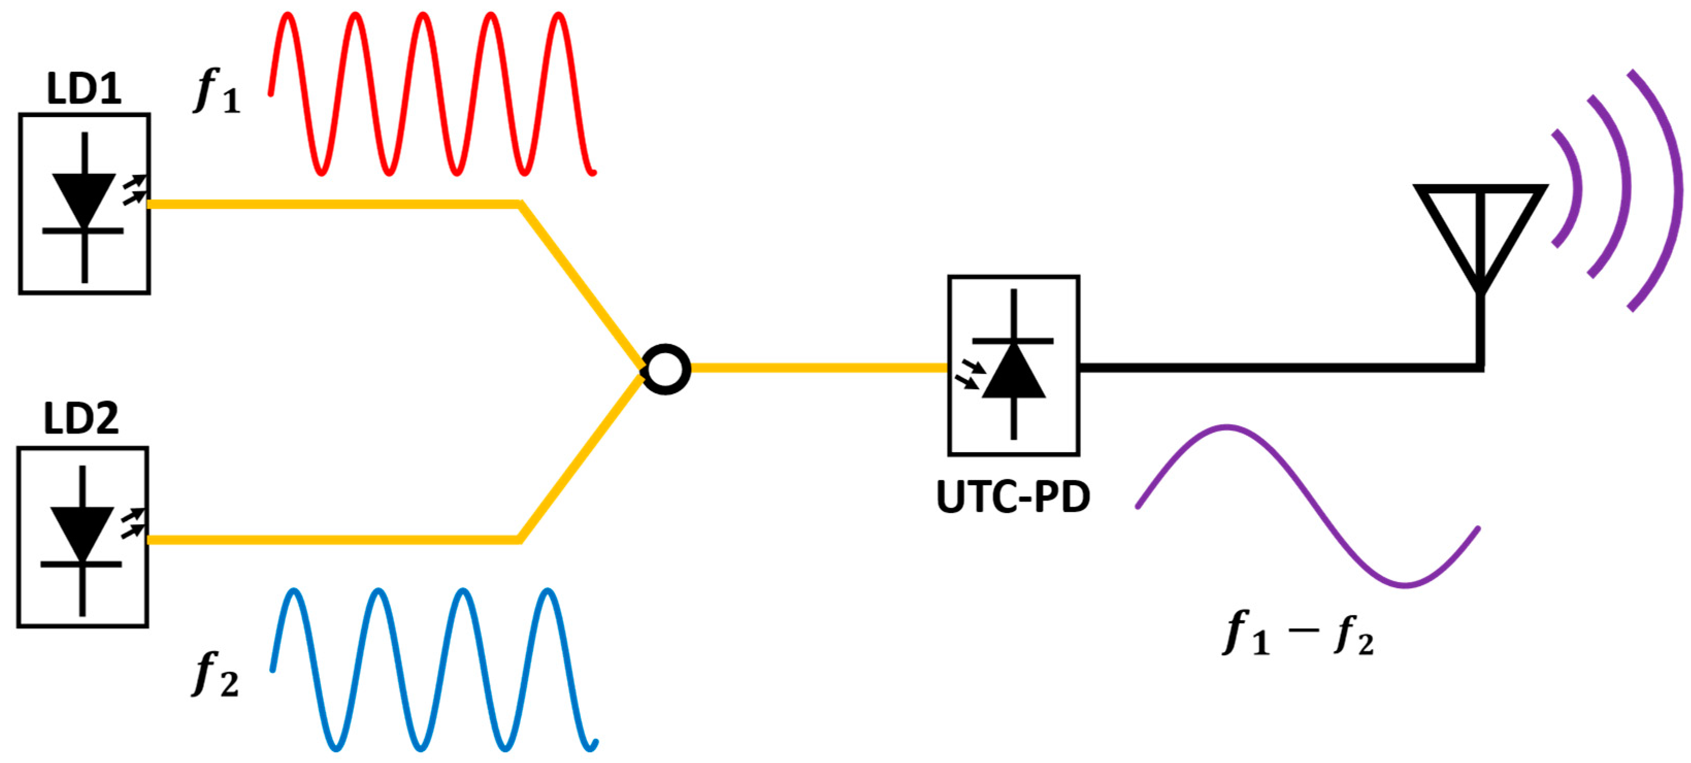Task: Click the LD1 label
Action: pyautogui.click(x=84, y=89)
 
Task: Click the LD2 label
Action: pyautogui.click(x=81, y=419)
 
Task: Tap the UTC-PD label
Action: pyautogui.click(x=1013, y=497)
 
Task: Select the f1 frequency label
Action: pyautogui.click(x=217, y=92)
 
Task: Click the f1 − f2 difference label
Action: pyautogui.click(x=1298, y=634)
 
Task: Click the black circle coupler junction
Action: pyautogui.click(x=666, y=369)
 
